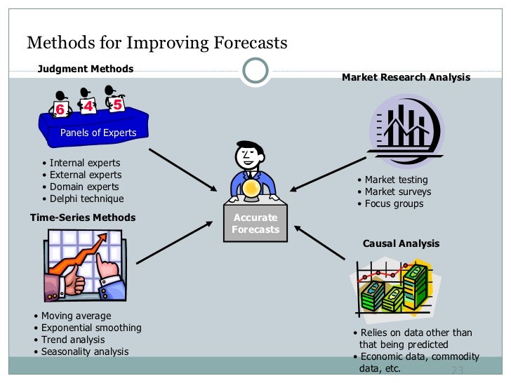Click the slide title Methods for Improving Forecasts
point(157,43)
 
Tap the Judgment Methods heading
point(85,69)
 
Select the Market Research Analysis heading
point(406,78)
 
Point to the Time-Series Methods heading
point(83,217)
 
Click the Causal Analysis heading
point(401,243)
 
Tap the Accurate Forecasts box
point(255,223)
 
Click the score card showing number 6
point(60,109)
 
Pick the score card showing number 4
point(88,107)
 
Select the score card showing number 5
point(117,104)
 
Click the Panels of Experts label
point(98,133)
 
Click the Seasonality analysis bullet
point(84,351)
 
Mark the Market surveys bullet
point(397,191)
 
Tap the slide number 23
point(458,370)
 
